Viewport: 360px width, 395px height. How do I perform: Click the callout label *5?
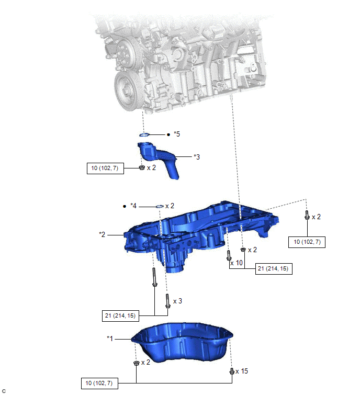[177, 134]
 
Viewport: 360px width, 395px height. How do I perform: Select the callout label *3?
[197, 157]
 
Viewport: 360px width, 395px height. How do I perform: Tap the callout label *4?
[133, 206]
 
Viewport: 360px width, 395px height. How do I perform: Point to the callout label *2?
[102, 234]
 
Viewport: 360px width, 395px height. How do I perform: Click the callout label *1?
[110, 338]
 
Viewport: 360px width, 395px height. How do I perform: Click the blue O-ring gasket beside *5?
[144, 135]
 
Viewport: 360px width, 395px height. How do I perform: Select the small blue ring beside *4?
[160, 207]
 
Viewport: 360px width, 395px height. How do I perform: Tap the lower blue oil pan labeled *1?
[182, 342]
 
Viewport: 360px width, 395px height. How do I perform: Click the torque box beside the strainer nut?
[105, 168]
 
